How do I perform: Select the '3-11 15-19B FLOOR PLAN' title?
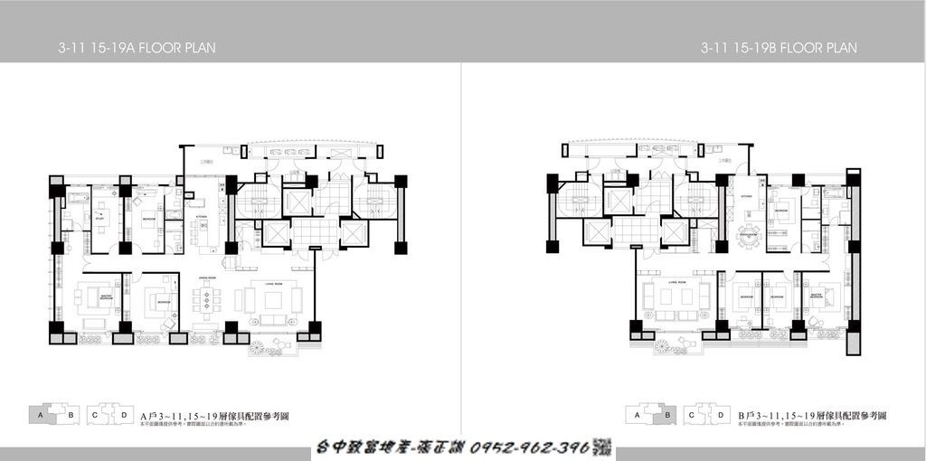[778, 47]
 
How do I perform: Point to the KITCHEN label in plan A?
[201, 217]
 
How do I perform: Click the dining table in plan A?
[207, 299]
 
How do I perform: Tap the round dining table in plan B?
[748, 239]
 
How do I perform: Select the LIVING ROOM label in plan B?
[674, 282]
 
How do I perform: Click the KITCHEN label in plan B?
[747, 194]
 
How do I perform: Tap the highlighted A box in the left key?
[41, 415]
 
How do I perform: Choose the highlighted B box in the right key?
[667, 415]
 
